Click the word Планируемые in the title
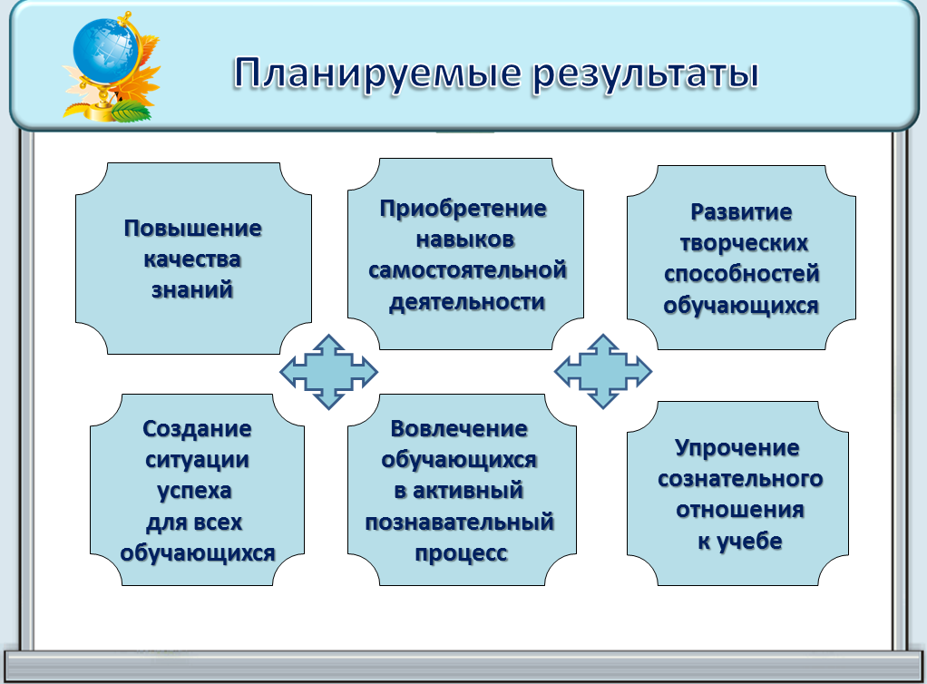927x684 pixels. (377, 74)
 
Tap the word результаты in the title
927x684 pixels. (646, 75)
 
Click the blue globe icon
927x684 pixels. (104, 51)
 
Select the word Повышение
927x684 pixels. (192, 229)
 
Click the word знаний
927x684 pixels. (192, 289)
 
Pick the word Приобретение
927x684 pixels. (463, 209)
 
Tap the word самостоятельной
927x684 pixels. (467, 270)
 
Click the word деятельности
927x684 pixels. (467, 301)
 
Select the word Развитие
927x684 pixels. (741, 211)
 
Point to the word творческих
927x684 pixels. (744, 243)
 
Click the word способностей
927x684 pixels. (742, 274)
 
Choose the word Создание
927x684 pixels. (197, 428)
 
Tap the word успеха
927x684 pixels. (194, 492)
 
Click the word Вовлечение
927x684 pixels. (459, 428)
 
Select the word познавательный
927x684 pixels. (459, 522)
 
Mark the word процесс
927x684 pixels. (461, 553)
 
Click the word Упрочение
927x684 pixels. (737, 447)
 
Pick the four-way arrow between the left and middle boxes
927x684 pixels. (328, 372)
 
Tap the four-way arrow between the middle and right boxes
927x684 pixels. (603, 371)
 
